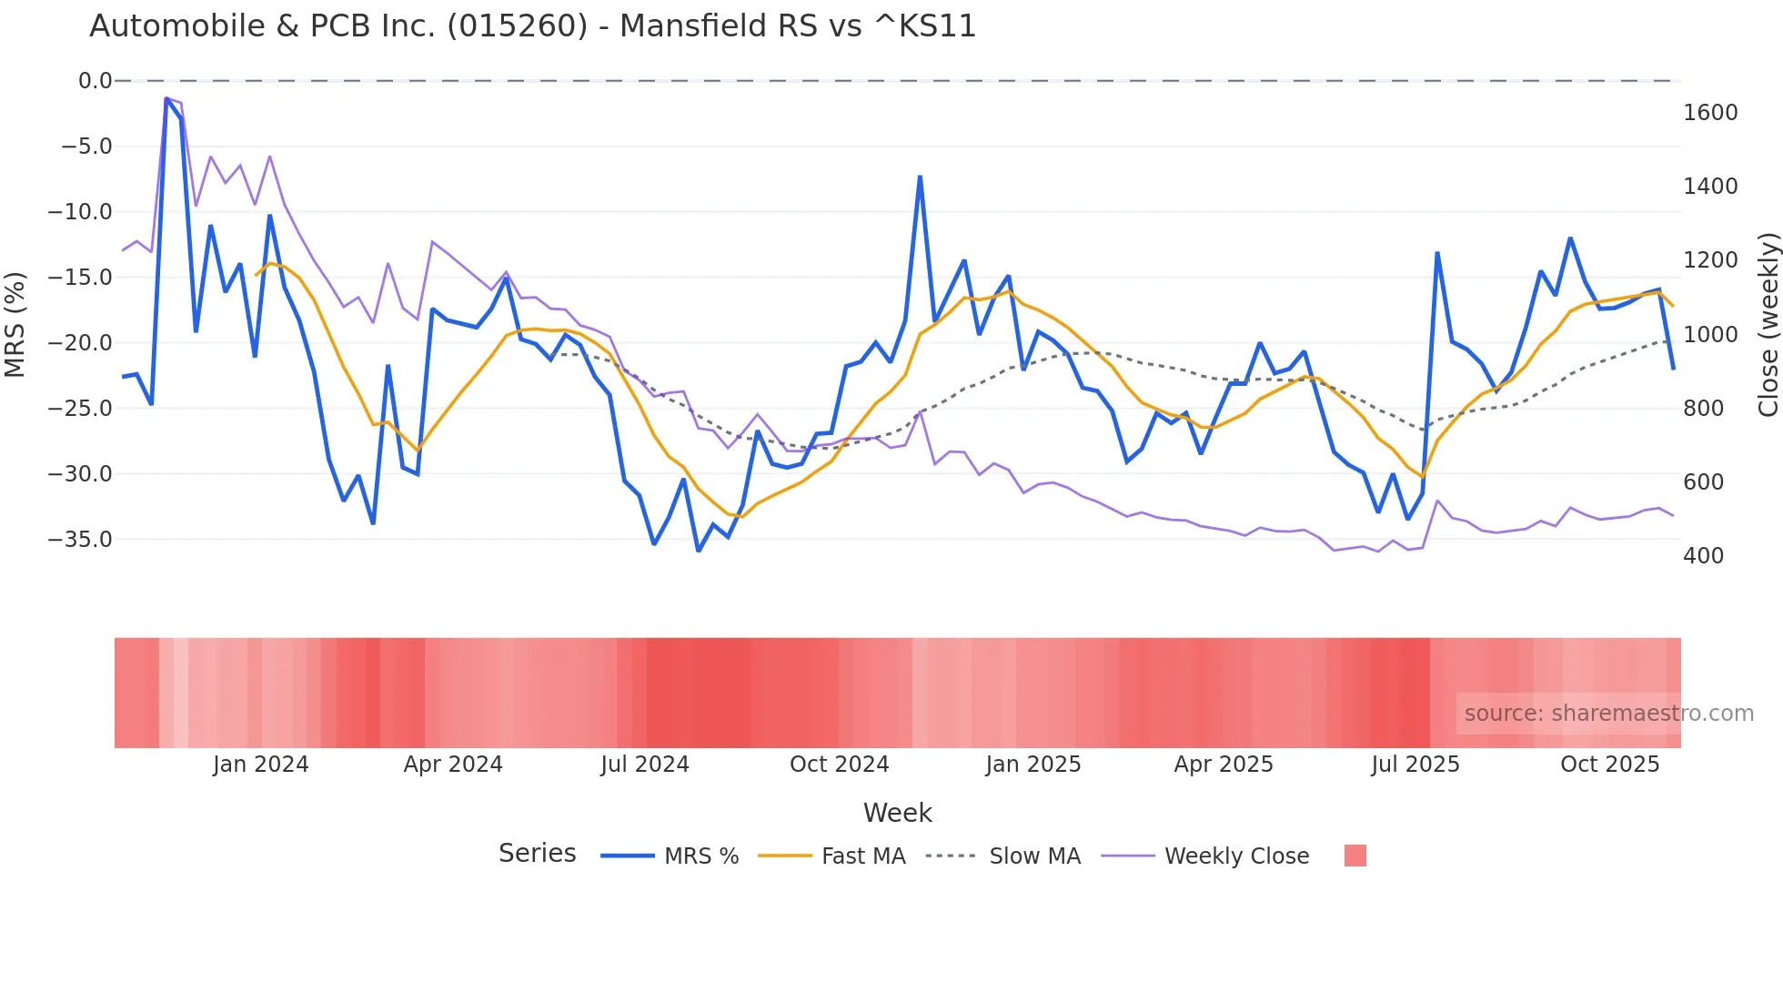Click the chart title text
[532, 26]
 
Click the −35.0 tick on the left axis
[80, 540]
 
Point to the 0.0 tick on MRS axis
[95, 81]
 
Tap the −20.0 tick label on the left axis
[80, 343]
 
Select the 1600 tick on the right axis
[1710, 113]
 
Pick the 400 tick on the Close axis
[1703, 556]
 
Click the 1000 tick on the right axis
[1710, 335]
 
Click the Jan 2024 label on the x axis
[261, 765]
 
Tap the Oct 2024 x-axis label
[839, 765]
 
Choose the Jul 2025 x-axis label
[1415, 765]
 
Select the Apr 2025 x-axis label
[1224, 765]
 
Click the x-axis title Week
[897, 813]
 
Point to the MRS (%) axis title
[15, 325]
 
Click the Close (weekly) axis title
[1768, 325]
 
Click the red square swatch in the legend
[1355, 856]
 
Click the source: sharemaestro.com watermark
[1608, 714]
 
